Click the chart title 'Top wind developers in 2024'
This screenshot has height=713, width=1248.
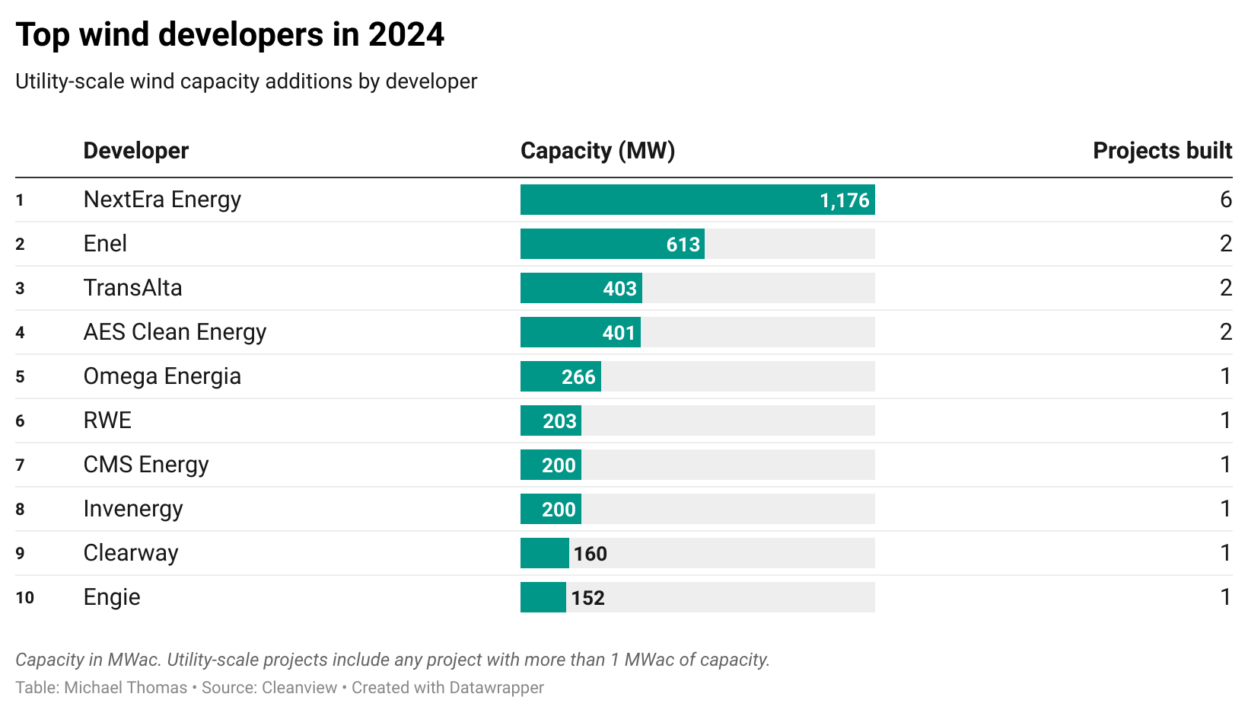click(x=230, y=35)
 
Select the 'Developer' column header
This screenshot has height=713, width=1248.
click(x=135, y=151)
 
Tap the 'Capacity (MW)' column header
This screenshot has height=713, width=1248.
click(x=597, y=151)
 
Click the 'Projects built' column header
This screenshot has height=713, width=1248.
click(x=1162, y=151)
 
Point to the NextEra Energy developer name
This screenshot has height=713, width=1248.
click(x=162, y=200)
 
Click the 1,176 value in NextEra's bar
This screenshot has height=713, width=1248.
click(x=844, y=200)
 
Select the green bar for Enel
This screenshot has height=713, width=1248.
click(x=594, y=245)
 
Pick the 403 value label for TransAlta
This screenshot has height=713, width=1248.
click(x=619, y=289)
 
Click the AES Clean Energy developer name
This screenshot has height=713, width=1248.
click(x=175, y=332)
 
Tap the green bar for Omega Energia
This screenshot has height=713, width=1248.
click(x=540, y=377)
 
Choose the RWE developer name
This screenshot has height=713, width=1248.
click(x=107, y=420)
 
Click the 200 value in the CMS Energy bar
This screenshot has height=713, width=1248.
click(x=559, y=465)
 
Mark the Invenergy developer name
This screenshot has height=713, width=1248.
click(x=133, y=509)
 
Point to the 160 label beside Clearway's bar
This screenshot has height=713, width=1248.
click(x=591, y=554)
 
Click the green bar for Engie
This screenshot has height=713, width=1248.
click(x=543, y=598)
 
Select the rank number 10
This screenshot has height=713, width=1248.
click(x=24, y=598)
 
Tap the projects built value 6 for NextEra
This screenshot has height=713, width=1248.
click(x=1225, y=200)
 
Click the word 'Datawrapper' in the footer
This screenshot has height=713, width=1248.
click(x=496, y=688)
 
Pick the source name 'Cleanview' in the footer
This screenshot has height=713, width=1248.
click(x=299, y=688)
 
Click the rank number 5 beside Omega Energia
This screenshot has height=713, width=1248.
click(x=20, y=377)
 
